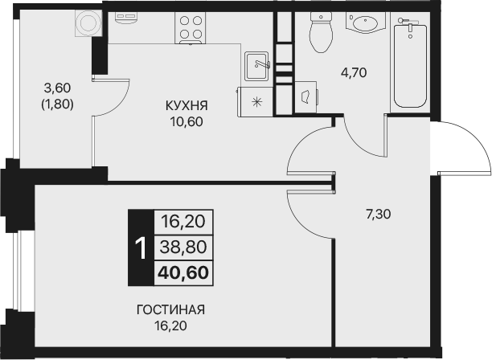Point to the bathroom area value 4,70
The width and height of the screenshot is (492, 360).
tap(353, 72)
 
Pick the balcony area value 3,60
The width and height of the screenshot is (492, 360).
tap(56, 88)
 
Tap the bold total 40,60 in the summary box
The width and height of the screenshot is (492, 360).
tap(182, 272)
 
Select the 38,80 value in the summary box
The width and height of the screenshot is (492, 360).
tap(182, 247)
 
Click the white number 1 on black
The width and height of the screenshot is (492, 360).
tap(140, 247)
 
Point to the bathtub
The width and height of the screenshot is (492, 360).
tap(412, 64)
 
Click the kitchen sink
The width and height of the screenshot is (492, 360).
tap(257, 62)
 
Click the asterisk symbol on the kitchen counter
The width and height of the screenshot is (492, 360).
tap(257, 100)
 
